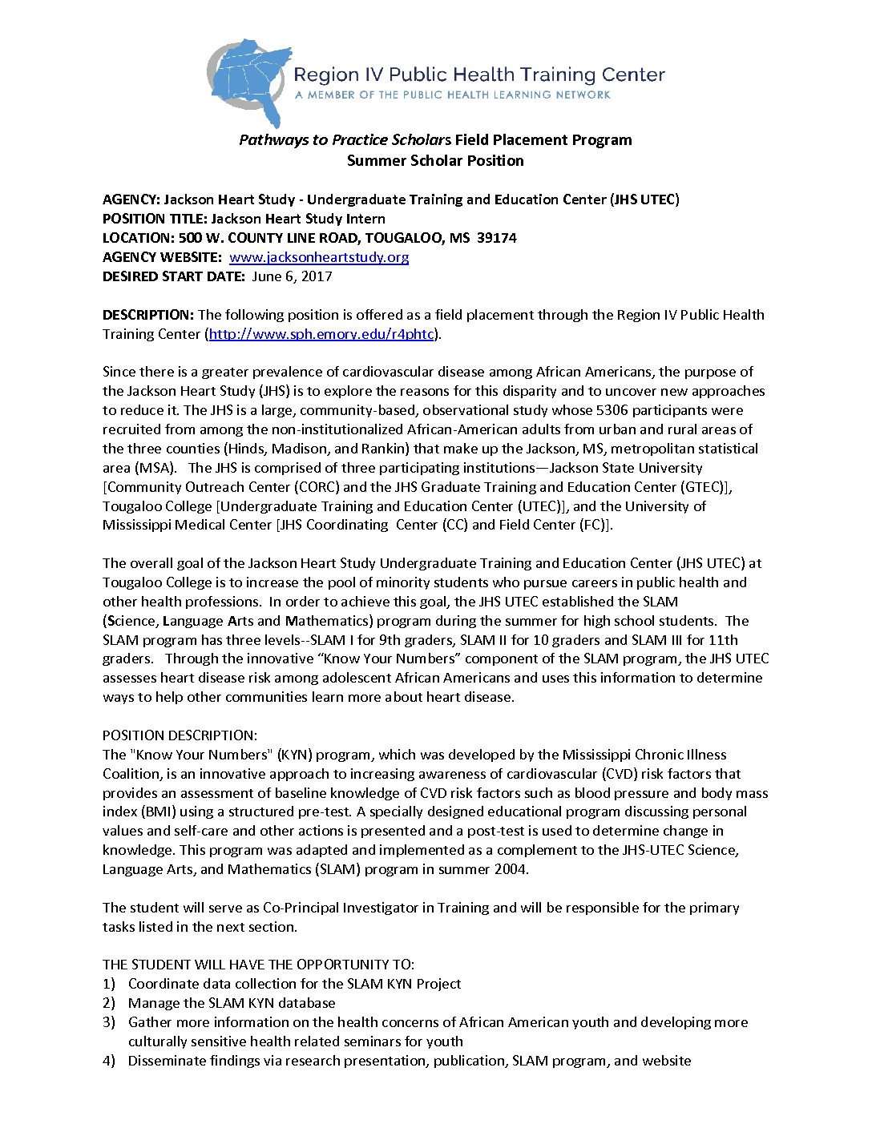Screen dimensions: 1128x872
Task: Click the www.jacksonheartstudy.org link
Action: coord(319,257)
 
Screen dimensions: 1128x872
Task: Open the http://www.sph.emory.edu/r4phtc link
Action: coord(321,334)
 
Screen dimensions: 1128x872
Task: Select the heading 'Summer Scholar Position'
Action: coord(435,160)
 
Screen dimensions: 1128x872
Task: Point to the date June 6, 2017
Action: coord(292,276)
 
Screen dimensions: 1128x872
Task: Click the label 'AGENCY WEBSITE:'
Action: coord(162,257)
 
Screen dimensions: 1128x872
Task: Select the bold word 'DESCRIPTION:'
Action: coord(148,315)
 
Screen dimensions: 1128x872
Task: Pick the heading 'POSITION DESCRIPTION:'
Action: coord(180,735)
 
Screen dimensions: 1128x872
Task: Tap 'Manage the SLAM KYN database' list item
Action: coord(232,1003)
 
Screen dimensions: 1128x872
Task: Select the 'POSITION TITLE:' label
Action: coord(155,219)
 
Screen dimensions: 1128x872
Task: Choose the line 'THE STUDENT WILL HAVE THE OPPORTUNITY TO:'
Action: coord(258,965)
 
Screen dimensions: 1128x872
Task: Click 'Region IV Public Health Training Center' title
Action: coord(479,75)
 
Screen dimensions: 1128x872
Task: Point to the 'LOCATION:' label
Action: coord(138,238)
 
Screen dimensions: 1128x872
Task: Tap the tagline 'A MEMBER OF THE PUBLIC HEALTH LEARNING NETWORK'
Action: coord(453,95)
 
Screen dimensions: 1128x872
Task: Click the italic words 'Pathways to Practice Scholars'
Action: coord(345,140)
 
